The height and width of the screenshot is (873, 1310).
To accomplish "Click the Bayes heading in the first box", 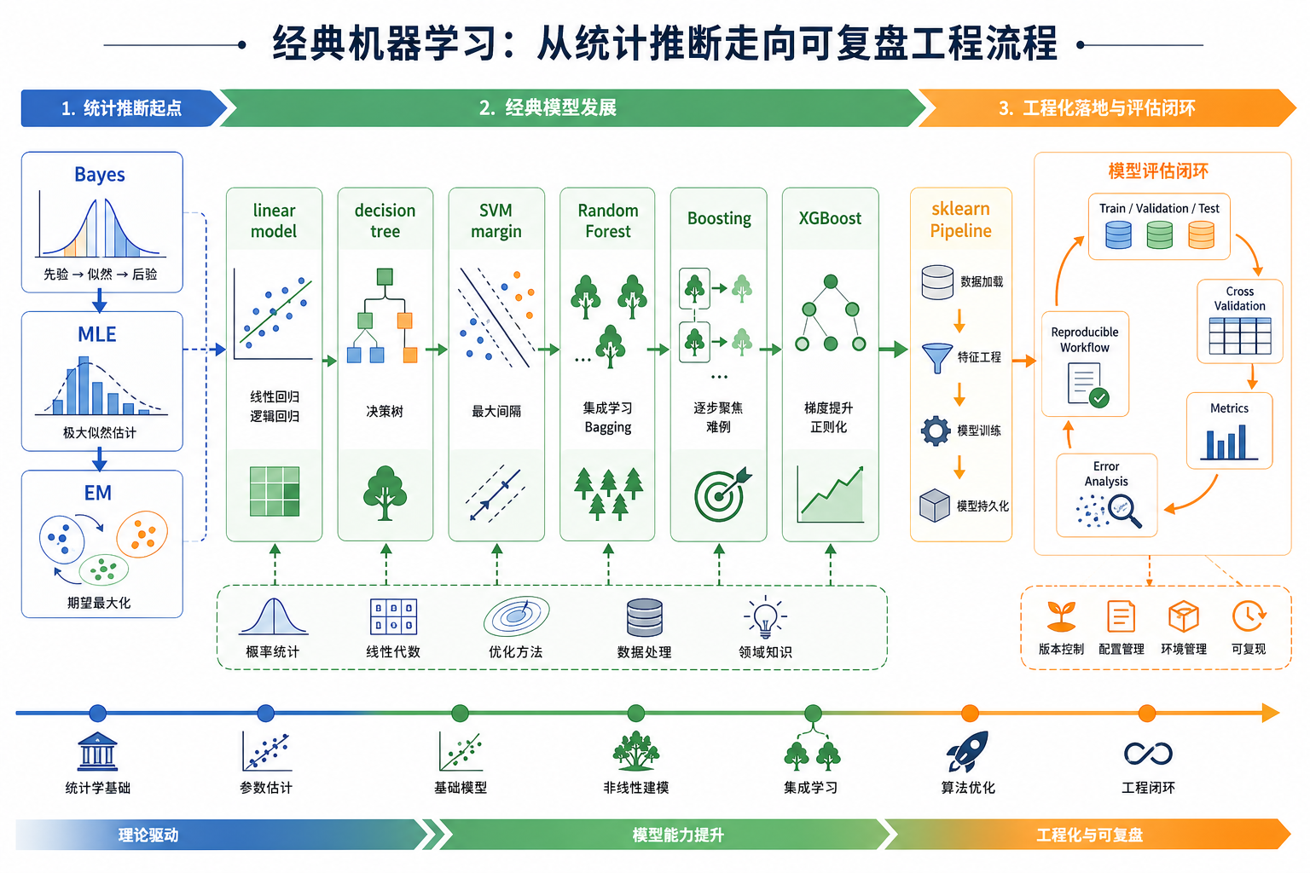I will [x=100, y=175].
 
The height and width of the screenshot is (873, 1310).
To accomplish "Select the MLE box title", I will [x=97, y=334].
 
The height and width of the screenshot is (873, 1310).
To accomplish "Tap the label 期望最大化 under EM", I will [x=99, y=603].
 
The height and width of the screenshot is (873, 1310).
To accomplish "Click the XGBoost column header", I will [x=830, y=218].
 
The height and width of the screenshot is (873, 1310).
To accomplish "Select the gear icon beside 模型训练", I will [x=936, y=431].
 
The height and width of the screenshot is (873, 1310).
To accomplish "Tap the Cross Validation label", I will [x=1239, y=298].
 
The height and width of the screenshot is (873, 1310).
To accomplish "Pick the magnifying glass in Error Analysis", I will [x=1123, y=511].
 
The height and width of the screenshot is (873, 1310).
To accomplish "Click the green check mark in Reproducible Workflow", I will [x=1099, y=397].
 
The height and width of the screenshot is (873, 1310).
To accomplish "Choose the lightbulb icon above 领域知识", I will [x=765, y=616].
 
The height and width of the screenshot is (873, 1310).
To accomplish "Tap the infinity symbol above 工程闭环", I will [x=1148, y=754].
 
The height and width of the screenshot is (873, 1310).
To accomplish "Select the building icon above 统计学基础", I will [x=97, y=752].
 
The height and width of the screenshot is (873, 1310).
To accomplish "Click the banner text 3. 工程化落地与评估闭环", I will [x=1097, y=108].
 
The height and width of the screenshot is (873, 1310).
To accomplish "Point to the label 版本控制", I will [x=1061, y=649].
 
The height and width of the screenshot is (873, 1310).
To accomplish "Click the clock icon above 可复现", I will [x=1249, y=616].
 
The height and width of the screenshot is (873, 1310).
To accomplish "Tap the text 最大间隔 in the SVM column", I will [x=496, y=412].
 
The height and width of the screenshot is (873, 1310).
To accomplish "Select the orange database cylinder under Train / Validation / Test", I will [x=1201, y=234].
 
